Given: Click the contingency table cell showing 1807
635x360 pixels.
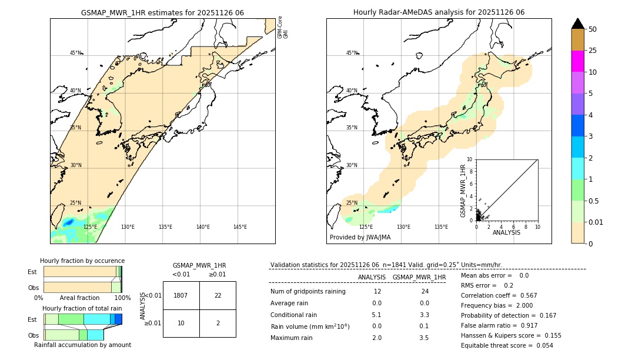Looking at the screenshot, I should (x=181, y=295).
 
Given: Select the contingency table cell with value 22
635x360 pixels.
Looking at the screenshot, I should (x=218, y=295).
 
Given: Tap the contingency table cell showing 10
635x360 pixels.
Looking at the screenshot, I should (x=181, y=323).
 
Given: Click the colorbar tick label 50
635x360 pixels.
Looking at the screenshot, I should (x=593, y=29).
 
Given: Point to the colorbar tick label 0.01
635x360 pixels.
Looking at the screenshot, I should (x=596, y=222).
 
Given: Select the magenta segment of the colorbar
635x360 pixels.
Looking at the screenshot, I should (x=578, y=61).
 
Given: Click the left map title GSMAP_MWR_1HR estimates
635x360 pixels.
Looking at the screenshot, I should (x=162, y=12).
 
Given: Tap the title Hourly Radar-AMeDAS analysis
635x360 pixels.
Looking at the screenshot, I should (x=439, y=12).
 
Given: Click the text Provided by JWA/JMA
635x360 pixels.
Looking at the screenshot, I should (x=360, y=237).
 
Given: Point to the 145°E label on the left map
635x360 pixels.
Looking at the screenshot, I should (x=240, y=227).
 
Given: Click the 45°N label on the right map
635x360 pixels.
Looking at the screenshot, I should (x=352, y=53).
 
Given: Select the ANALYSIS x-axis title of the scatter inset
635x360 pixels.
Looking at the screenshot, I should (x=506, y=232).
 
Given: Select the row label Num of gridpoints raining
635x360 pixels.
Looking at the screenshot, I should (x=308, y=291).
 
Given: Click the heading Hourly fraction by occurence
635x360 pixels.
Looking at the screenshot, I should (x=82, y=261).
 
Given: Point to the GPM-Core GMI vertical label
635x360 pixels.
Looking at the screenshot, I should (x=283, y=28).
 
